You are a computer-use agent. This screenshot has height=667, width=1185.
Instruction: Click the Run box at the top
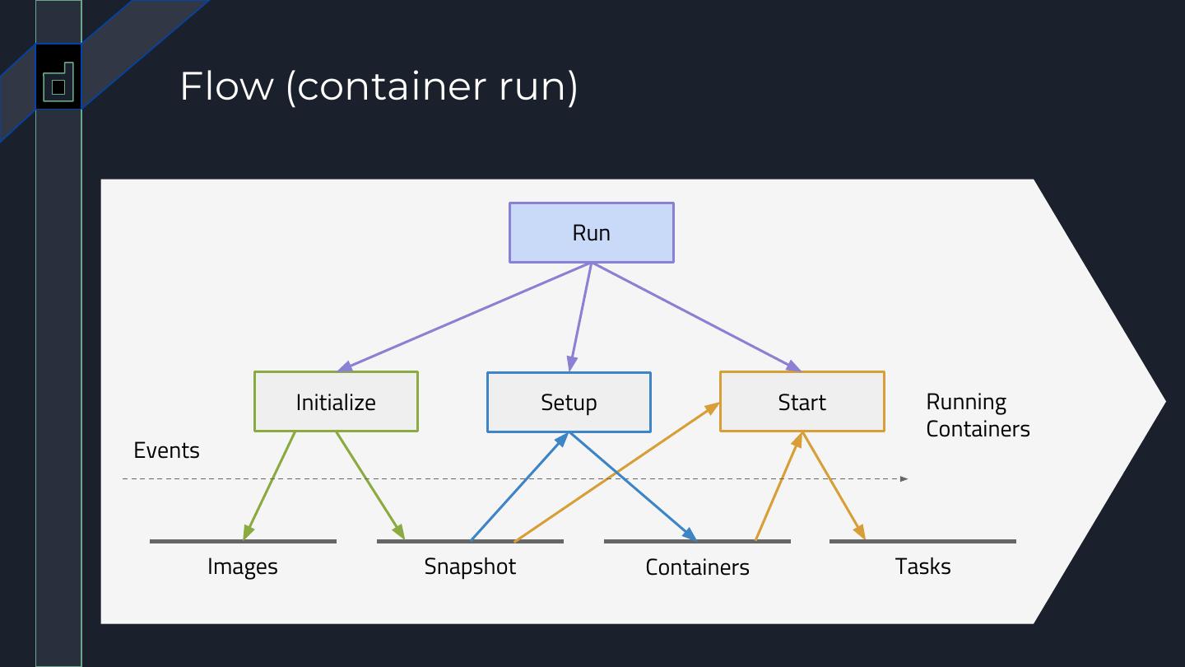[591, 233]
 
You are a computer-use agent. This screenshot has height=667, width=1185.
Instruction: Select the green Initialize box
[336, 402]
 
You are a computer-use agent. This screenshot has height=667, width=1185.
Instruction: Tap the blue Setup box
[569, 402]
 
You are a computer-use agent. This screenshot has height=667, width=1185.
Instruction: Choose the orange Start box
[802, 402]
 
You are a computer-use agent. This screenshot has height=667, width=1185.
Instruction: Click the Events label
[166, 450]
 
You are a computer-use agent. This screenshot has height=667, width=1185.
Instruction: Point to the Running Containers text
[978, 415]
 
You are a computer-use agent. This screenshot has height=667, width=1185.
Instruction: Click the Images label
[243, 567]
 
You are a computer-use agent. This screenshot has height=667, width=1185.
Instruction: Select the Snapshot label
[470, 567]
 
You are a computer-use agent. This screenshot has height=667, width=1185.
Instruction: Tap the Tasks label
[922, 567]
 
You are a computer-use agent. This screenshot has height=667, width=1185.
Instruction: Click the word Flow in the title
[226, 86]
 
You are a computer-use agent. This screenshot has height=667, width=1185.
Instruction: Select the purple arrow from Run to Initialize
[465, 316]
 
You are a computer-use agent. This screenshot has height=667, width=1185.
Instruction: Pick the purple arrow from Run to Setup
[580, 318]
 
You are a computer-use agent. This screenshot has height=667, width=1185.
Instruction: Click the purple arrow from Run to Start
[696, 316]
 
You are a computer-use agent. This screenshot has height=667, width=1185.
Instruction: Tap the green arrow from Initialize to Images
[269, 486]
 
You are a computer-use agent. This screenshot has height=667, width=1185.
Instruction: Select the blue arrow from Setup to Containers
[632, 486]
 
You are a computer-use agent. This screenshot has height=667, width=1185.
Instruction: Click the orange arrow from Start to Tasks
[834, 486]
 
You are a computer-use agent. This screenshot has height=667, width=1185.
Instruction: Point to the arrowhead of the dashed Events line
[904, 478]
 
